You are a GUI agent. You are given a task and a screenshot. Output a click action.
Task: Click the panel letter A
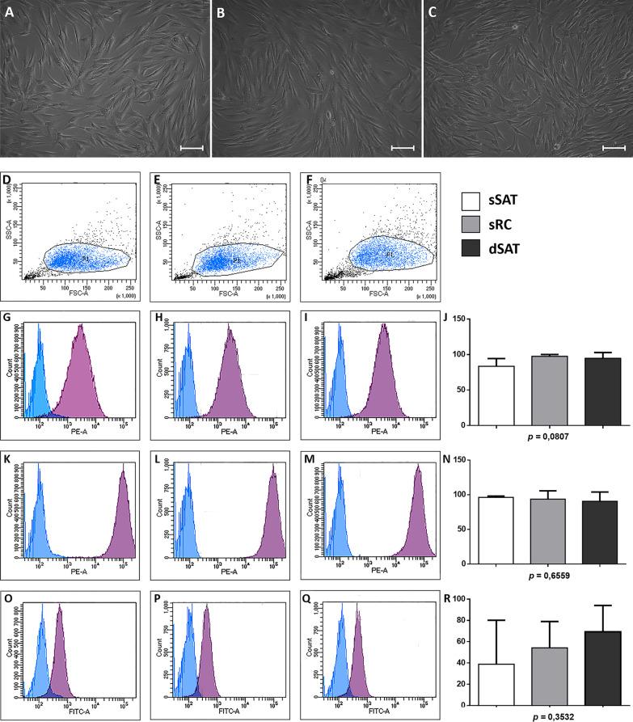pyautogui.click(x=9, y=12)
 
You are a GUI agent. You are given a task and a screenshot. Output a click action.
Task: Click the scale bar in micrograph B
pyautogui.click(x=402, y=148)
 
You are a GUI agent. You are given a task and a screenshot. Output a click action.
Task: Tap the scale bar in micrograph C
pyautogui.click(x=614, y=148)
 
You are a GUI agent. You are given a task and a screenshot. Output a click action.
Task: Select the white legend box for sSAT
pyautogui.click(x=475, y=201)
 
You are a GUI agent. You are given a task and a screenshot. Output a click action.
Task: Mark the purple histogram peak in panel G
pyautogui.click(x=82, y=325)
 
